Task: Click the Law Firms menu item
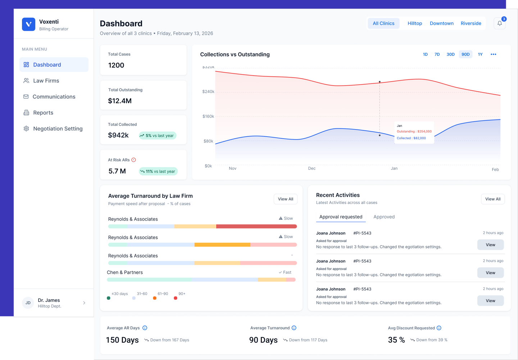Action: tap(46, 81)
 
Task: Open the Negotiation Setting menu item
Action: tap(58, 129)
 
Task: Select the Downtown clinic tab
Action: tap(441, 23)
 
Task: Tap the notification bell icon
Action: tap(500, 23)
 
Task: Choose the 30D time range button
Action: tap(450, 54)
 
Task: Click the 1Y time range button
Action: tap(480, 54)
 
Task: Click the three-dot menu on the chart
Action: tap(493, 54)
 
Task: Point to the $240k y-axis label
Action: tap(208, 92)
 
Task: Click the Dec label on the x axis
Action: tap(312, 168)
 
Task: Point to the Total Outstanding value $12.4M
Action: tap(120, 101)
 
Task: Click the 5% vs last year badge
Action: tap(158, 136)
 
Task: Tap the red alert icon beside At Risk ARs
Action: tap(133, 160)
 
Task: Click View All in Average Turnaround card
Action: tap(285, 199)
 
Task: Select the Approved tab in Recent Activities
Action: tap(384, 217)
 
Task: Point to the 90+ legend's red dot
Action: tap(176, 298)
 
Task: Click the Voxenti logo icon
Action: tap(29, 24)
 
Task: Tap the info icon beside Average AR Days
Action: tap(145, 328)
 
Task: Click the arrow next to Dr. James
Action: tap(84, 303)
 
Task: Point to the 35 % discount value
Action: tap(396, 340)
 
